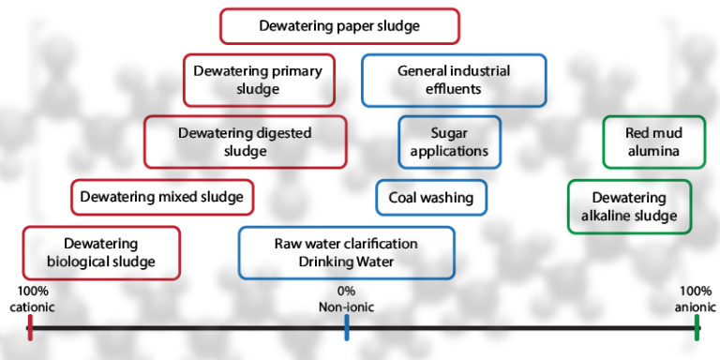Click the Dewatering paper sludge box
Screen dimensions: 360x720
point(339,26)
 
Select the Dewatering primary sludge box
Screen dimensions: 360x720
point(257,80)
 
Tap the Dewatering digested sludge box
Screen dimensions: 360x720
point(245,142)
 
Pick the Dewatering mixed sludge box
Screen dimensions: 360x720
point(161,197)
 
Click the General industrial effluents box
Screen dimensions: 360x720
point(453,80)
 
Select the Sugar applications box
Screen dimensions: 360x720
point(449,142)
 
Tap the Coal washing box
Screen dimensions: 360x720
point(431,198)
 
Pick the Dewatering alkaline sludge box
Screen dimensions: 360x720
point(629,207)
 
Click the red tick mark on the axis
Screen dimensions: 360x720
point(30,327)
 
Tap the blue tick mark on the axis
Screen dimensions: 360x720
point(347,327)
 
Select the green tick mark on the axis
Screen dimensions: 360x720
point(697,327)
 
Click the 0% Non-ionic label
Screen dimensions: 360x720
point(346,299)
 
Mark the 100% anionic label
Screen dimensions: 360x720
point(695,299)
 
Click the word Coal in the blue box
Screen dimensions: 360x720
point(405,198)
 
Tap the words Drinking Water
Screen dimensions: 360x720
point(346,262)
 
